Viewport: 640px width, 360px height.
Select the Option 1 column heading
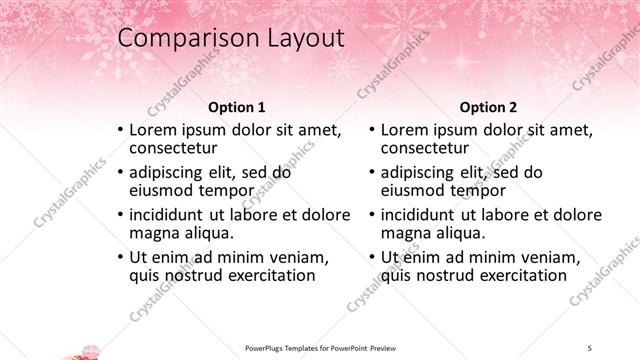click(x=236, y=107)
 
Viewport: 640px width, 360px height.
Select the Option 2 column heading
click(x=488, y=107)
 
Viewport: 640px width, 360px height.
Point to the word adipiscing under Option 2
click(x=423, y=172)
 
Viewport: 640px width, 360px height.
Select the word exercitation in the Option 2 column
click(x=517, y=277)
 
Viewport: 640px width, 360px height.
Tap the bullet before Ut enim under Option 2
click(x=372, y=257)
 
